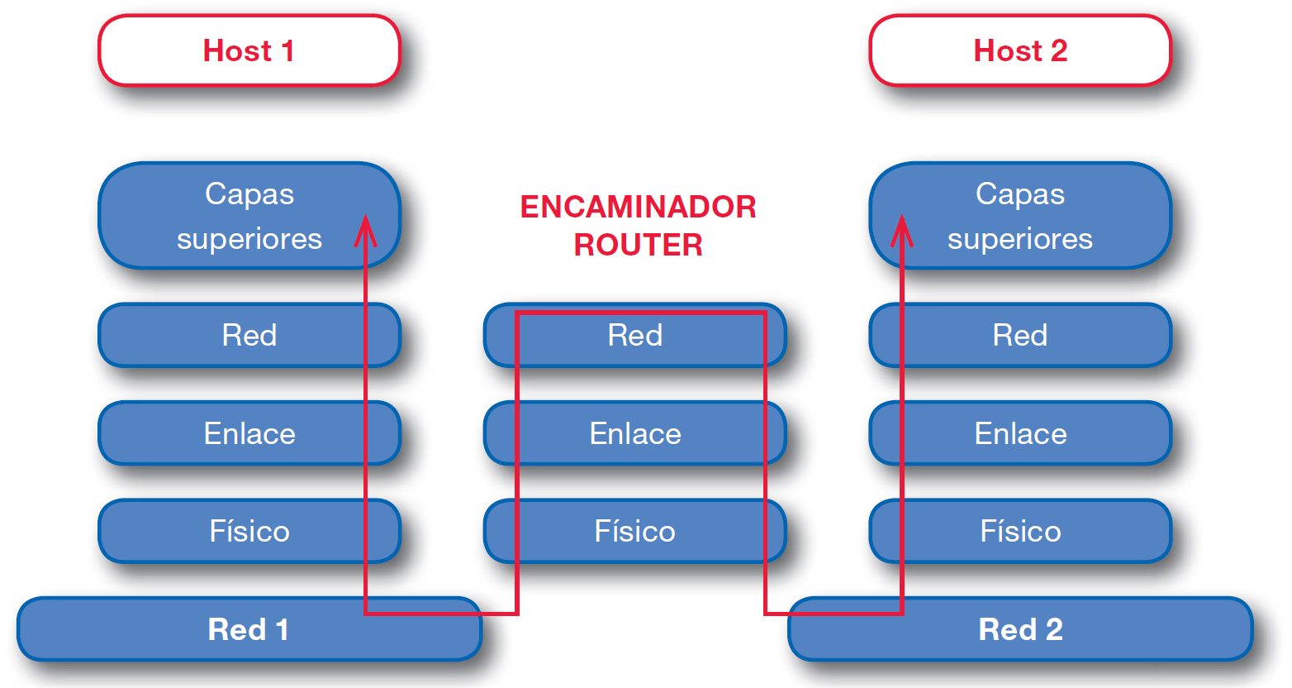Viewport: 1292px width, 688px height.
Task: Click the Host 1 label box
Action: coord(249,50)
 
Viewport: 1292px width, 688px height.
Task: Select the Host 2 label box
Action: coord(1019,50)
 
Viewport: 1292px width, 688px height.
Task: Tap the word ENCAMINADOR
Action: coord(638,207)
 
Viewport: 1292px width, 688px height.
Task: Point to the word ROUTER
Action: coord(638,245)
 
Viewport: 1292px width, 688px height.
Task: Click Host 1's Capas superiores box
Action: coord(249,216)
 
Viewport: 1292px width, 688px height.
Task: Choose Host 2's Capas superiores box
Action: coord(1019,216)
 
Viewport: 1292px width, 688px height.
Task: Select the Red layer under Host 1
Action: coord(249,336)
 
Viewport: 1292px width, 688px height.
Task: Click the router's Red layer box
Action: coord(634,336)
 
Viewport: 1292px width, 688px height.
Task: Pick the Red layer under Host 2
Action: coord(1019,336)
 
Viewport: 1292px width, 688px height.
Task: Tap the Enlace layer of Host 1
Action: coord(249,433)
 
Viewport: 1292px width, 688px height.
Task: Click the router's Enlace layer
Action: coord(634,433)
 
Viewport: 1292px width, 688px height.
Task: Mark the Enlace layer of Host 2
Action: coord(1019,433)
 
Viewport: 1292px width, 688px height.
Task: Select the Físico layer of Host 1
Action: coord(249,531)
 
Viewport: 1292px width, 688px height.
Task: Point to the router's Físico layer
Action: coord(634,531)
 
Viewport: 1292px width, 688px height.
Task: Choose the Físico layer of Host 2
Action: coord(1019,531)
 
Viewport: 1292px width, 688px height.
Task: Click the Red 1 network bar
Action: coord(249,629)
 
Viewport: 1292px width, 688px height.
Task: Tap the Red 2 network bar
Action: coord(1019,629)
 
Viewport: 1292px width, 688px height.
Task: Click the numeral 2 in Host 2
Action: coord(1058,51)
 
